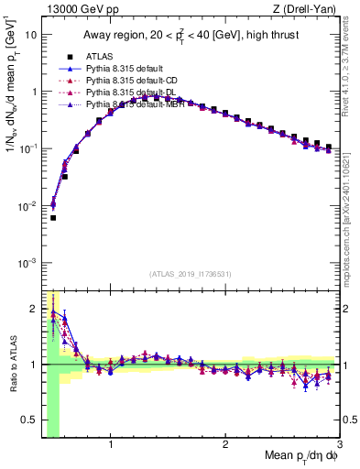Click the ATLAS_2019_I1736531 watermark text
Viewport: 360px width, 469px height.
[191, 274]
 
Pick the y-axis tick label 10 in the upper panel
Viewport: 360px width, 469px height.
[29, 35]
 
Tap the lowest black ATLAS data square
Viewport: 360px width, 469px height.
[53, 218]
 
